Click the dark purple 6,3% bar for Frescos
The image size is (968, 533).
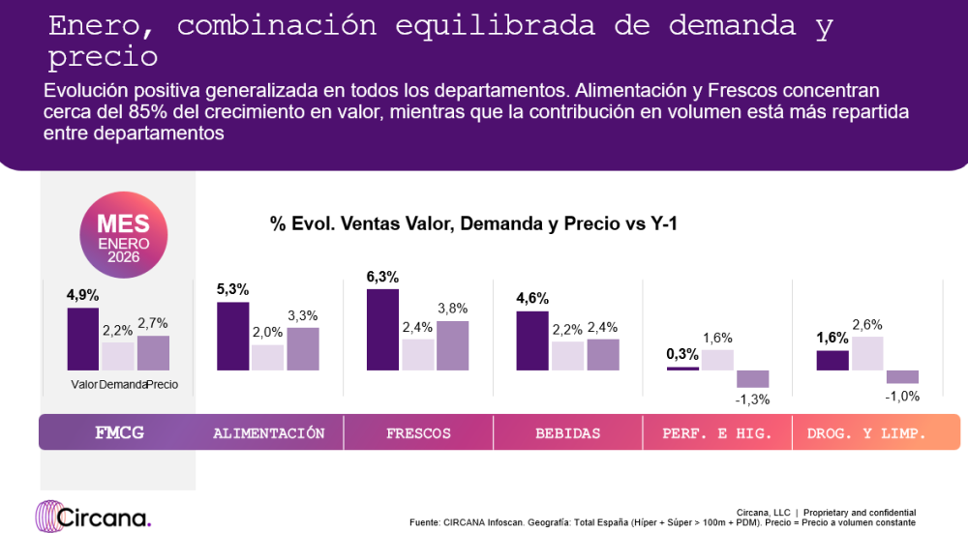click(x=382, y=329)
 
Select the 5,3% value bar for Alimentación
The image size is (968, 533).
click(x=232, y=336)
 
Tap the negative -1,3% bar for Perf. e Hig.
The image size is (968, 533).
click(x=752, y=378)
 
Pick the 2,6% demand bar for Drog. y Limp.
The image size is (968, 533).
click(x=867, y=353)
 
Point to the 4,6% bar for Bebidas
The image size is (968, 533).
click(x=532, y=341)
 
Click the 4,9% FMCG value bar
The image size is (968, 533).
click(x=82, y=339)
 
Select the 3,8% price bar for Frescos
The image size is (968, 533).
click(x=452, y=345)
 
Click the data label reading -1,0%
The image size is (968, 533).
click(x=902, y=396)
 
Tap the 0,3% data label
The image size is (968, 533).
click(x=682, y=354)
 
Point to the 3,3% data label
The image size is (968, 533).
click(x=303, y=315)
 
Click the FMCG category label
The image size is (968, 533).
click(x=119, y=432)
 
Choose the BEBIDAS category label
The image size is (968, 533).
click(x=568, y=433)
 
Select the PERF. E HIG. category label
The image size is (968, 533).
click(x=717, y=433)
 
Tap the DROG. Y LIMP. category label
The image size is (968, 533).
click(x=867, y=433)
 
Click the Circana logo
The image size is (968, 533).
click(x=93, y=516)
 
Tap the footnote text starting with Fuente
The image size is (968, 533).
click(x=662, y=522)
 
